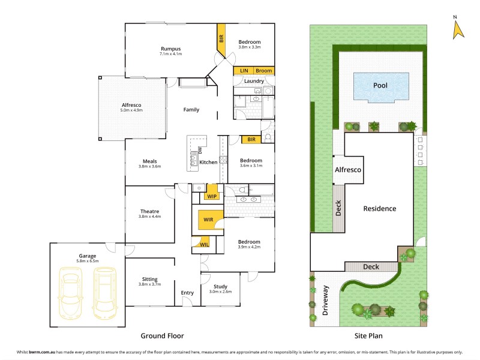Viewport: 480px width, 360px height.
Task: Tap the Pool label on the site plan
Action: pos(380,85)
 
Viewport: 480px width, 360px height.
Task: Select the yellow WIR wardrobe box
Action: pos(208,220)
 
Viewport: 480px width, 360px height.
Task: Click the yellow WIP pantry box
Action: pos(212,196)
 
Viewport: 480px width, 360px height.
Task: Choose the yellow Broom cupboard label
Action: pos(263,71)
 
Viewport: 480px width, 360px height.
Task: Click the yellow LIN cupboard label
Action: pos(244,71)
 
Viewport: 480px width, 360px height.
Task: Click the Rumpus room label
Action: pos(170,49)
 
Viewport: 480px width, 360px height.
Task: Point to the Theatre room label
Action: pos(149,211)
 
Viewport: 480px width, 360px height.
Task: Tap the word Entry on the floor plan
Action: pos(187,293)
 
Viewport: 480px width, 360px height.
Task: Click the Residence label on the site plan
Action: pos(379,209)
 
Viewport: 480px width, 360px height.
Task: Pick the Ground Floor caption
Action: pos(162,336)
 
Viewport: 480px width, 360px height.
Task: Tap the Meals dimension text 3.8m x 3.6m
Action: pos(149,166)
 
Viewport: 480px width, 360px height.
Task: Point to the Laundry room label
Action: pos(254,81)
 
